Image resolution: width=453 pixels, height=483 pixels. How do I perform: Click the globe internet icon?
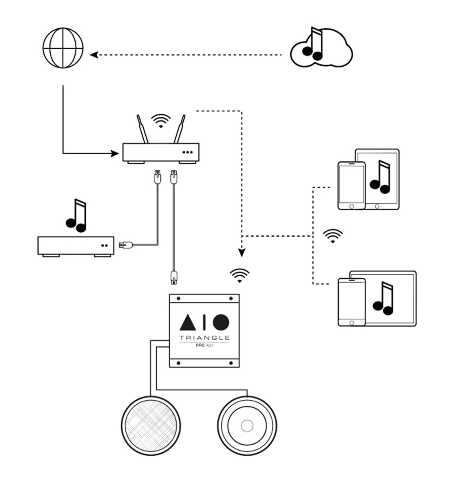(63, 48)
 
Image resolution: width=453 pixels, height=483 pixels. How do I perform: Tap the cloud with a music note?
(321, 48)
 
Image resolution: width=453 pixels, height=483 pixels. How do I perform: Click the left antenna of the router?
(141, 128)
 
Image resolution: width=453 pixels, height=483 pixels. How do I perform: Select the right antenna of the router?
(179, 128)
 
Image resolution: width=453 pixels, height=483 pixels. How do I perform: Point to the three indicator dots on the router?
(188, 152)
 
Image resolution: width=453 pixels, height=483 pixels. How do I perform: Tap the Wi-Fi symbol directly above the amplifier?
(240, 275)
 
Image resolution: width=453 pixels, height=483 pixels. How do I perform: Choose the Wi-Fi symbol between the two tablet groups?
(333, 236)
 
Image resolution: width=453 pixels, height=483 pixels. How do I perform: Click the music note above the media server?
(76, 215)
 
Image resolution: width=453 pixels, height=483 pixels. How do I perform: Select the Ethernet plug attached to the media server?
(124, 244)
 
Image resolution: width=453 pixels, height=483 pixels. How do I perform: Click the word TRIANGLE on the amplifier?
(204, 338)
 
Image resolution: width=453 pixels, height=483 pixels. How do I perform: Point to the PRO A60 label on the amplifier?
(205, 346)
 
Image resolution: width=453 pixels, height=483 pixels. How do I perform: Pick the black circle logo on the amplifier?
(221, 322)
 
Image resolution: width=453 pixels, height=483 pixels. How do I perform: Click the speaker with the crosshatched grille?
(151, 426)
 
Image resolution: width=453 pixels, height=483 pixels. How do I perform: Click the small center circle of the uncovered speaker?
(247, 426)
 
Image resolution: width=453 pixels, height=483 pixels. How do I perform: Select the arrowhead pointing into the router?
(115, 154)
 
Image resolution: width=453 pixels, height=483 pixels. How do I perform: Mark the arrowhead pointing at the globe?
(94, 55)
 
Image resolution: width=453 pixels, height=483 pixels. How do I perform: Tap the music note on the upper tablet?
(380, 177)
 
